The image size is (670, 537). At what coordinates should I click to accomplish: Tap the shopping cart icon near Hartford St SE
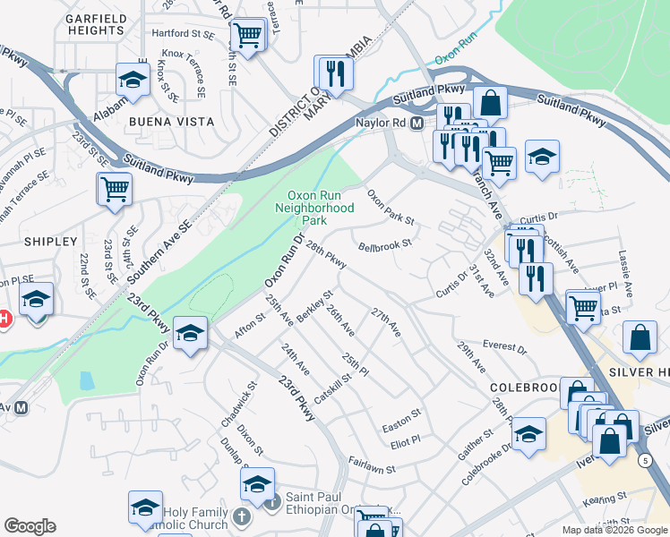point(247,37)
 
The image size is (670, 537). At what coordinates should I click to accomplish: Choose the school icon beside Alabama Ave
point(133,81)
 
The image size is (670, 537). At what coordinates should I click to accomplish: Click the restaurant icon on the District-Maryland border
point(334,73)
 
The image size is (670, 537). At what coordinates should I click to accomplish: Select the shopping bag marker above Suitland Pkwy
point(490,102)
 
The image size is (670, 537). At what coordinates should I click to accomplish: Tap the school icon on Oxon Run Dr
point(190,335)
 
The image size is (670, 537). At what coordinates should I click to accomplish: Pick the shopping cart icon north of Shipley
point(115,190)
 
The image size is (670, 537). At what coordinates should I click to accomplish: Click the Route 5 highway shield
point(646,460)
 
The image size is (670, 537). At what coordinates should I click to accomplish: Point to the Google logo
point(30,526)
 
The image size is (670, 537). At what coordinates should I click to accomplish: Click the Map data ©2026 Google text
point(614,530)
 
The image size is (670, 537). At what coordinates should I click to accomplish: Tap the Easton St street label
point(400,416)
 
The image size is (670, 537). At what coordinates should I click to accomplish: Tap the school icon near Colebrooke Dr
point(528,434)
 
